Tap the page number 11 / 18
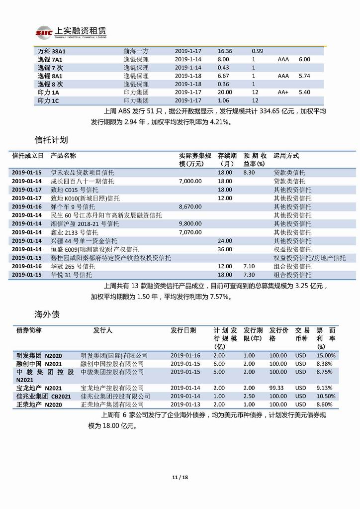click(180, 478)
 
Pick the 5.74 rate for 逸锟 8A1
click(304, 76)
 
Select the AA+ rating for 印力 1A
click(283, 93)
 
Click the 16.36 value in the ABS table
click(225, 51)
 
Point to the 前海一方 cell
click(136, 51)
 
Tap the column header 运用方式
click(286, 156)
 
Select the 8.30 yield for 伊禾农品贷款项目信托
click(249, 172)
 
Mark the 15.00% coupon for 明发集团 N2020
click(326, 356)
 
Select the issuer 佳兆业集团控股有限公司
click(115, 396)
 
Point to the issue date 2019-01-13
click(185, 405)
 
